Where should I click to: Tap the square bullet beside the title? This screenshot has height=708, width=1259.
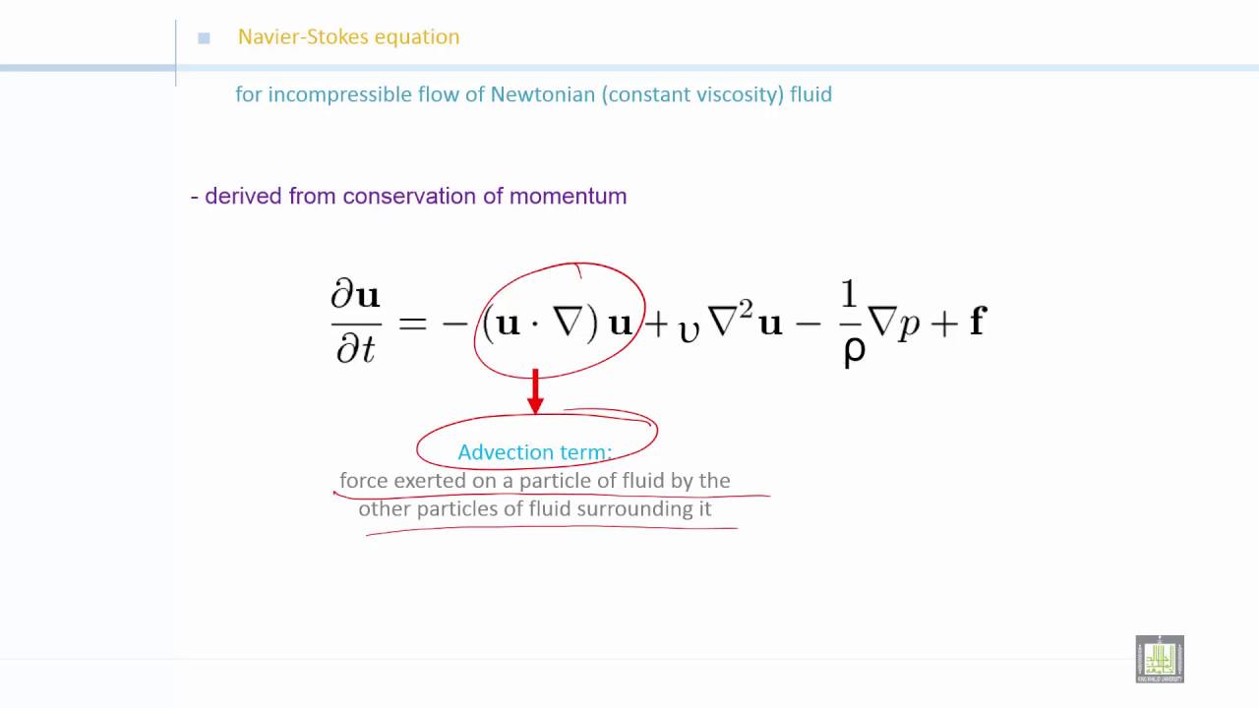(204, 38)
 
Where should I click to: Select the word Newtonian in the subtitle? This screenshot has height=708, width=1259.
(543, 94)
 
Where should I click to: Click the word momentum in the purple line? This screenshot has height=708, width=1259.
(568, 196)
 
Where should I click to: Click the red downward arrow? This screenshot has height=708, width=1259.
(535, 391)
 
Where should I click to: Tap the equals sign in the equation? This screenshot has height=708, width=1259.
(413, 323)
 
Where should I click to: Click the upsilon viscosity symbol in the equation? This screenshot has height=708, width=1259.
(689, 328)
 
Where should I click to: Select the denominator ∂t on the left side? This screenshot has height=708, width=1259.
(355, 347)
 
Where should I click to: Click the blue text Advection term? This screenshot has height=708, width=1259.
(535, 452)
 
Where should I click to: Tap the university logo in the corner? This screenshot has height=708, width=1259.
(1160, 658)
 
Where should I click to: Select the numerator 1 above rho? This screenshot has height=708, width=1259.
(849, 294)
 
